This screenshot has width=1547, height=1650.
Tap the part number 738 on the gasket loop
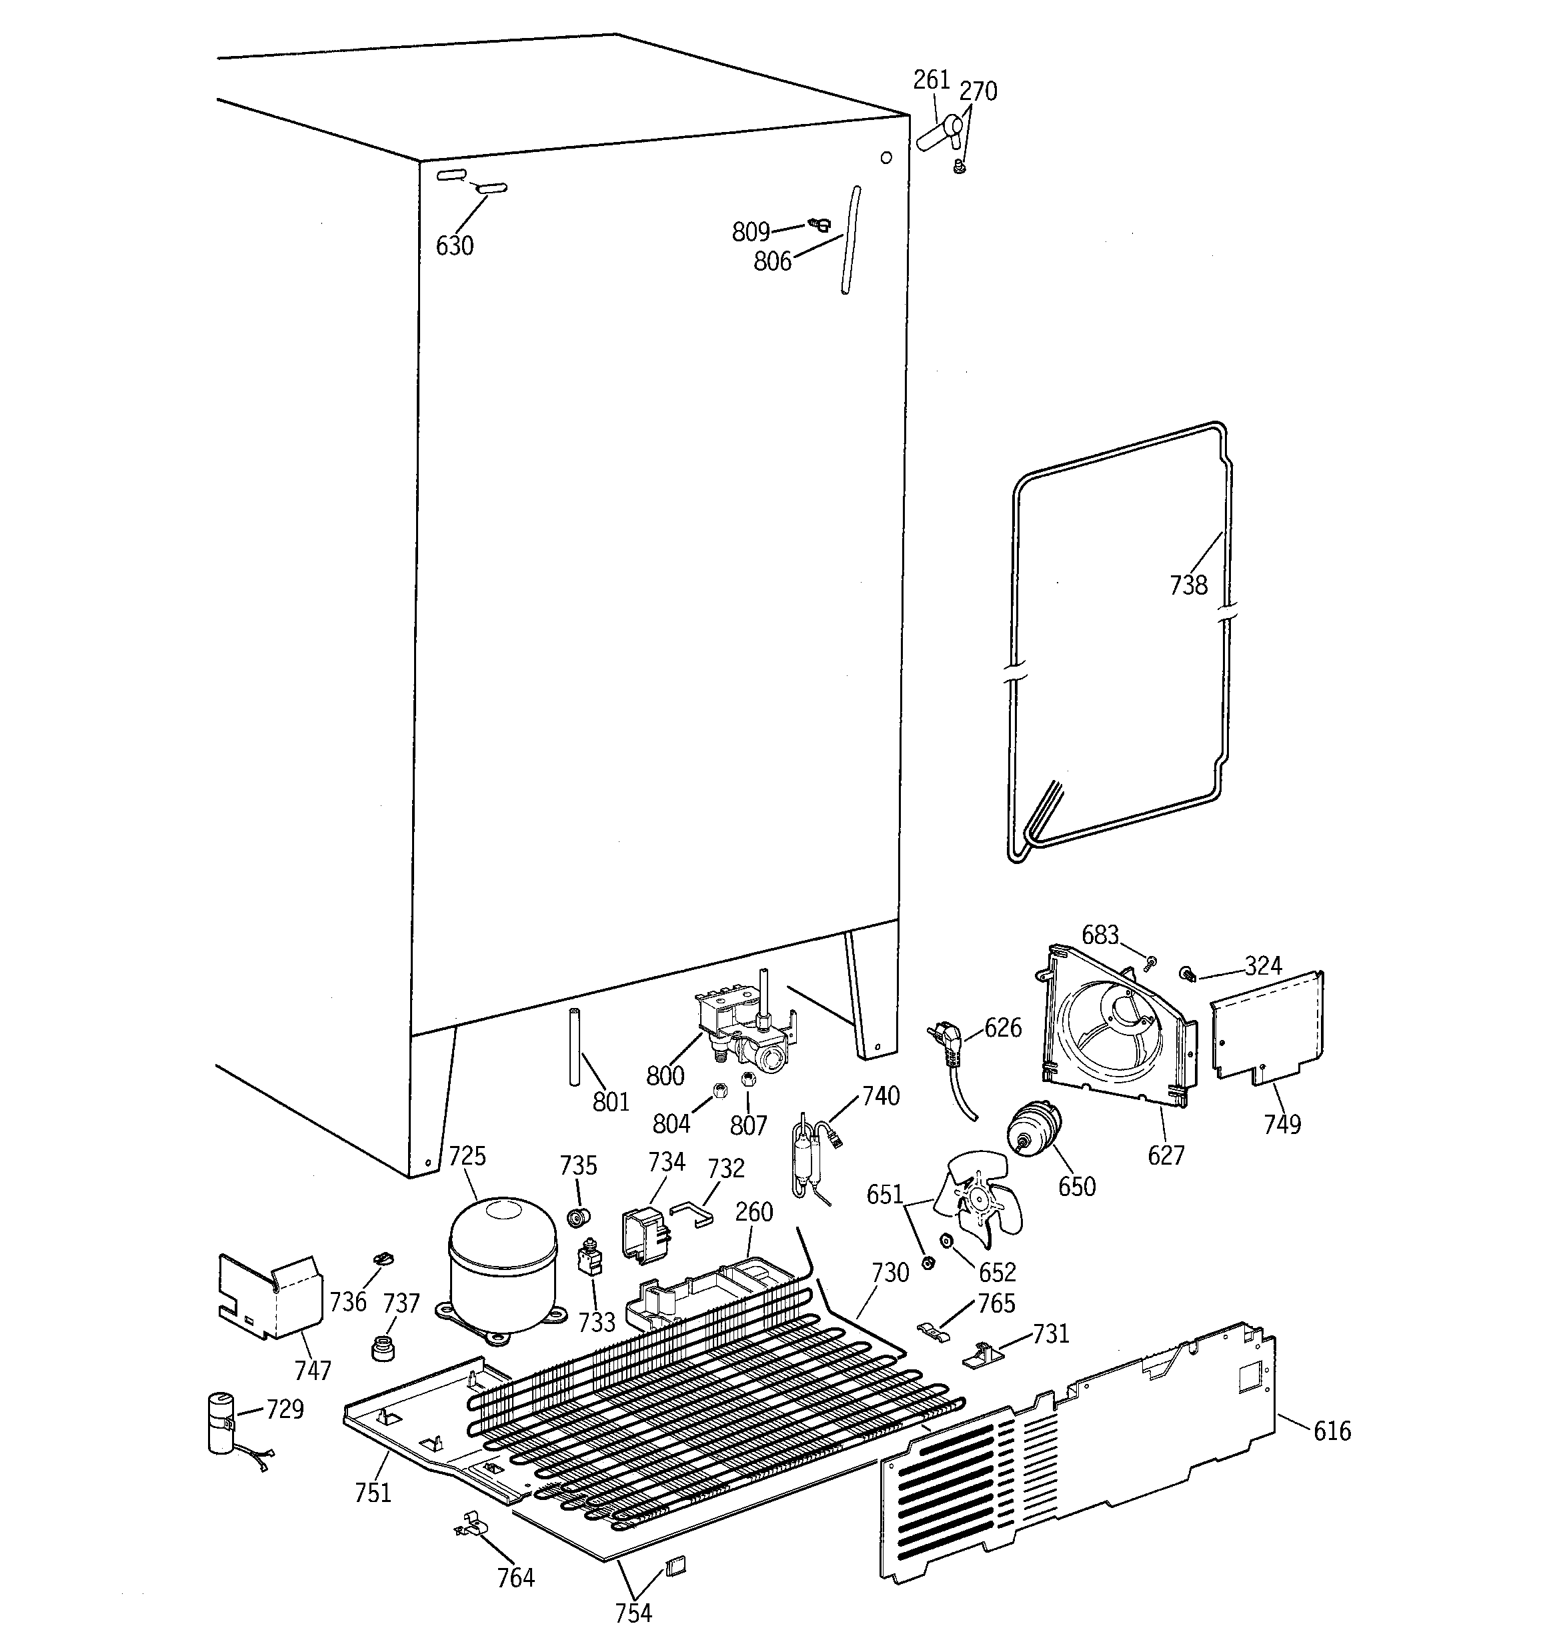pyautogui.click(x=1188, y=585)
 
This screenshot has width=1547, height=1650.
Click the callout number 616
pyautogui.click(x=1332, y=1431)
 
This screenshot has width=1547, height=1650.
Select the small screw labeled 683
pyautogui.click(x=1151, y=963)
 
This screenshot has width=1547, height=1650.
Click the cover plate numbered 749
pyautogui.click(x=1266, y=1029)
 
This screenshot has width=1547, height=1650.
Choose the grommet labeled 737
pyautogui.click(x=383, y=1348)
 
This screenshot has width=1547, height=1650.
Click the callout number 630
pyautogui.click(x=454, y=246)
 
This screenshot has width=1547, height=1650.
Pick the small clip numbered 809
pyautogui.click(x=820, y=223)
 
